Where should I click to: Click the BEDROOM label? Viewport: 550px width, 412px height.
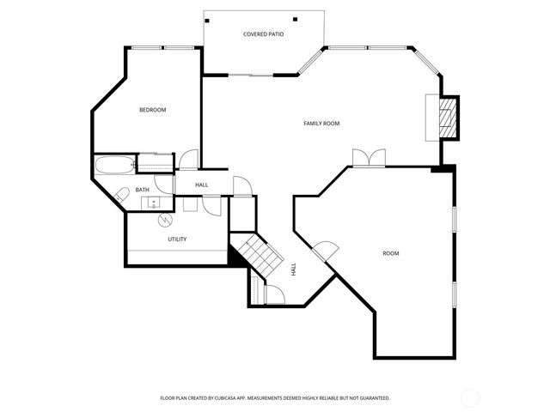(x=152, y=110)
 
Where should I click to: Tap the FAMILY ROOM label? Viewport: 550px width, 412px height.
(x=321, y=124)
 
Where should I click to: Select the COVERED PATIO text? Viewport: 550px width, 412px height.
(x=263, y=35)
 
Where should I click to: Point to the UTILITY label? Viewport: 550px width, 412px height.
(x=177, y=239)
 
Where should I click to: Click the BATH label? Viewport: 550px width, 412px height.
(x=142, y=190)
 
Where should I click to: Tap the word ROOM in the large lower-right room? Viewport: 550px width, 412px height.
(x=391, y=253)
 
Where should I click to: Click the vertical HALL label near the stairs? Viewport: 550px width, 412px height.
(x=293, y=269)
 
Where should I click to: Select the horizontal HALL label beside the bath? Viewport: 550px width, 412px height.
(x=201, y=185)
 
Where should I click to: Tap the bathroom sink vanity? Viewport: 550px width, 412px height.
(x=153, y=203)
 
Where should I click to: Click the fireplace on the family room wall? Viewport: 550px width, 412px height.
(x=445, y=118)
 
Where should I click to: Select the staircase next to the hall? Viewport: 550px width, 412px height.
(x=259, y=254)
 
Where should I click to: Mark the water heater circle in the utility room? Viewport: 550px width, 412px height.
(x=164, y=220)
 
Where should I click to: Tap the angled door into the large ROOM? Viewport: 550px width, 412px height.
(x=323, y=251)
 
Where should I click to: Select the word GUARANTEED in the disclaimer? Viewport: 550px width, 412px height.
(x=371, y=398)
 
